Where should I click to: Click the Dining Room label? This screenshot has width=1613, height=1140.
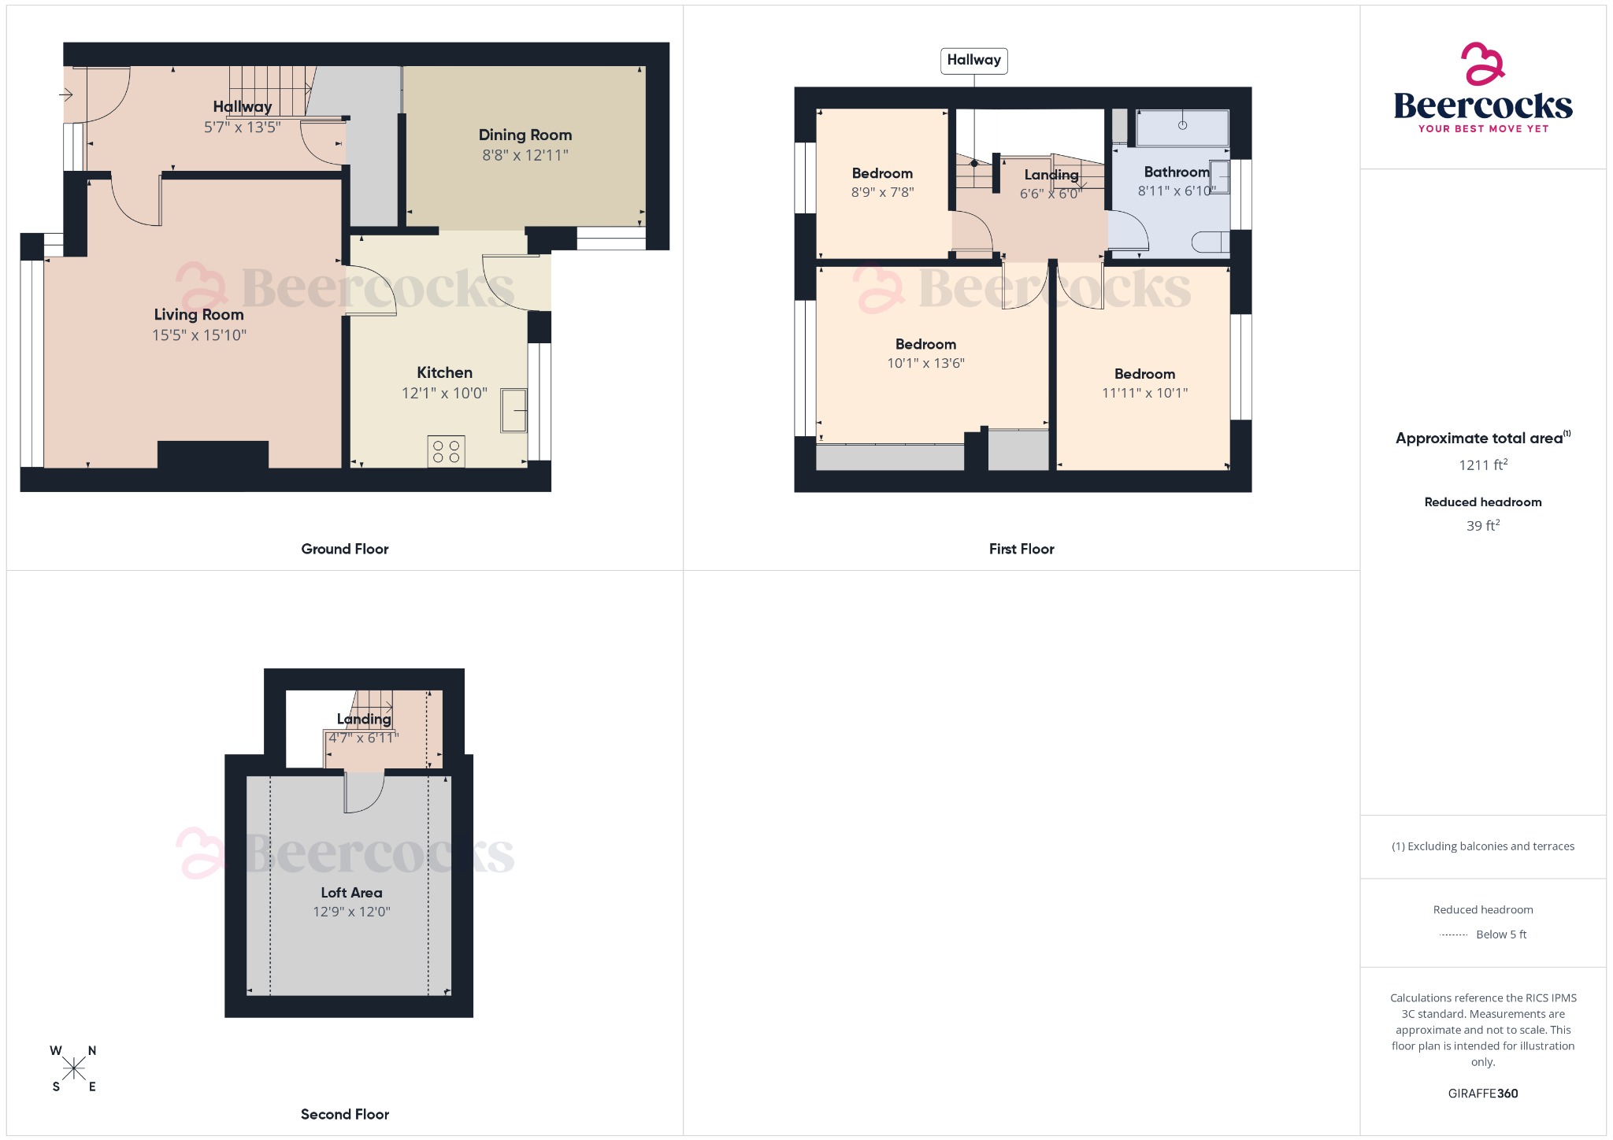point(525,135)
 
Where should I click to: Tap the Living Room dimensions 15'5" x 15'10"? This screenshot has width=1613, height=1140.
point(199,335)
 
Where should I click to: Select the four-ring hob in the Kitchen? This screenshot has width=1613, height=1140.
point(446,452)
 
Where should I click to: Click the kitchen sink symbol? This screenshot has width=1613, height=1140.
point(514,410)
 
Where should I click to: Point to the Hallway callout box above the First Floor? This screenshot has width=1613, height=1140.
point(973,60)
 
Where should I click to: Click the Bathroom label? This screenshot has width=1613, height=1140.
point(1176,172)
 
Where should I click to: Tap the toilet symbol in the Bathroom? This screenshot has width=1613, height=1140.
point(1210,242)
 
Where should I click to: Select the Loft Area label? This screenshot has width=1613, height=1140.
point(351,893)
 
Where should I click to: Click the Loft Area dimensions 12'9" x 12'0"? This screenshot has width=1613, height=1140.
point(351,912)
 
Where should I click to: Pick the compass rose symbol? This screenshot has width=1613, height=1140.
point(74,1068)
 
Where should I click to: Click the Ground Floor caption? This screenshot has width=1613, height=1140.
point(344,549)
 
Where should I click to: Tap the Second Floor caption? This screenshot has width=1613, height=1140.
point(344,1114)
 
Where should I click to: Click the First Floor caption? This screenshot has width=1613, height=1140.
point(1021,549)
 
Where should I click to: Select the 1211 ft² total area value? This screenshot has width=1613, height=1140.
point(1482,465)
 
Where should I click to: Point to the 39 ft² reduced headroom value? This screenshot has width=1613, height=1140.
point(1482,525)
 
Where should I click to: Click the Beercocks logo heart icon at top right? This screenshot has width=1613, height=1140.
point(1482,64)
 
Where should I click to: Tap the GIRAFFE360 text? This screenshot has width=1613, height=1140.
point(1482,1093)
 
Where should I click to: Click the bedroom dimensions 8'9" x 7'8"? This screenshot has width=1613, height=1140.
point(882,192)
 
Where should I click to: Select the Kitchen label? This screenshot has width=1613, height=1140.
point(444,372)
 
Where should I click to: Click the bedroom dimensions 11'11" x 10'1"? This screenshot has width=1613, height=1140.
point(1144,393)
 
